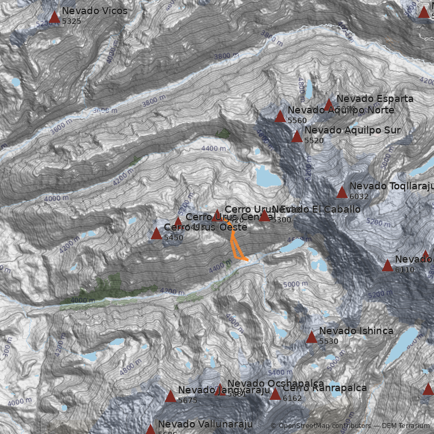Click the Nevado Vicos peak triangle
click(54, 17)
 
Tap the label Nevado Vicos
click(94, 11)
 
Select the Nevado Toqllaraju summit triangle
click(342, 192)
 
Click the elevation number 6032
click(359, 196)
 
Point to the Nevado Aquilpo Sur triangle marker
click(297, 136)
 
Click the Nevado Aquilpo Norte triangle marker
click(280, 117)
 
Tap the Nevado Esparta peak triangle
click(328, 104)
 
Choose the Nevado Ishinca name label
click(356, 331)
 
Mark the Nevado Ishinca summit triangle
click(311, 337)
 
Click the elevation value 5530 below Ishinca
click(329, 341)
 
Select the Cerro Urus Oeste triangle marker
click(156, 234)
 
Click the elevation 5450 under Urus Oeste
click(174, 238)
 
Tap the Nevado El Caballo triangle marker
click(264, 216)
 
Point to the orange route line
click(235, 247)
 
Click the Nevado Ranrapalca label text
click(324, 388)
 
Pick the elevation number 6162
click(292, 398)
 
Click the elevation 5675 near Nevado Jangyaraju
click(188, 400)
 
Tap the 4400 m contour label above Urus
click(213, 148)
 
